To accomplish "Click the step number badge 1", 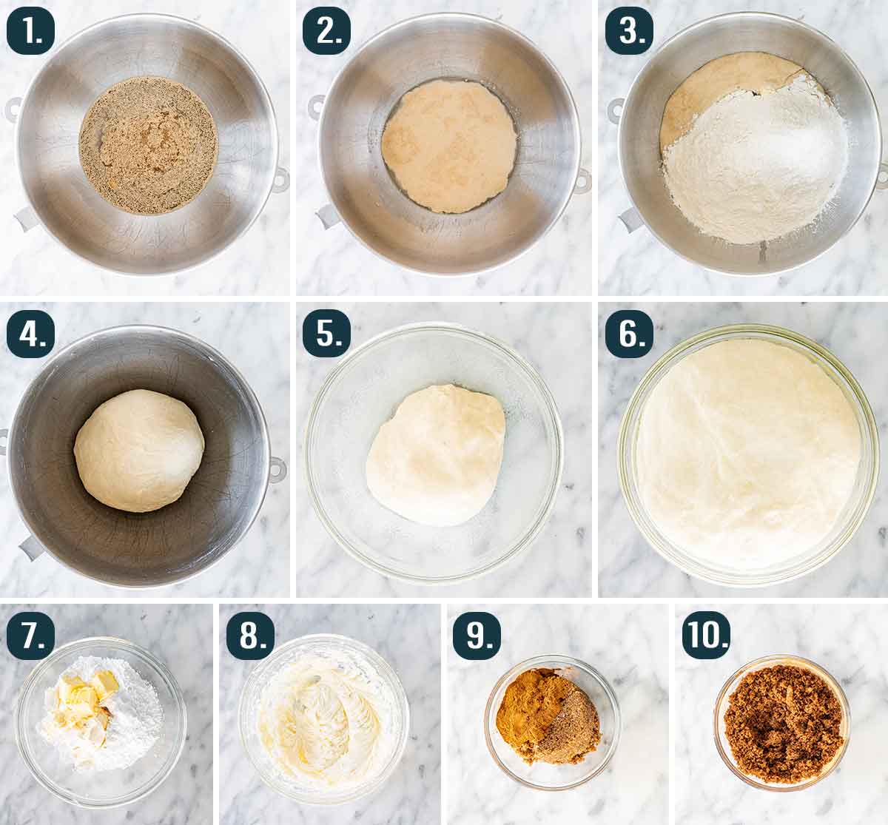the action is click(x=30, y=31).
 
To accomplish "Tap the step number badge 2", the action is click(x=327, y=31).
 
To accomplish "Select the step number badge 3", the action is click(x=629, y=31).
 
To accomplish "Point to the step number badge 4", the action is click(x=30, y=333).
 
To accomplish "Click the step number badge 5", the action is click(x=327, y=333).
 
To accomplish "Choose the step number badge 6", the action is click(x=629, y=333).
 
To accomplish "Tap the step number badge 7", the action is click(x=30, y=636).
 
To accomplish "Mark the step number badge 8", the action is click(x=250, y=636).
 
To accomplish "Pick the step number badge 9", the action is click(x=477, y=636).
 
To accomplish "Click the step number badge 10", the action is click(x=707, y=636).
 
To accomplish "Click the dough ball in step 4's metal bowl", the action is click(x=139, y=451).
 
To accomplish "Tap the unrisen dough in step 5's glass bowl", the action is click(x=436, y=455).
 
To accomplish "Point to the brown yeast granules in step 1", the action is click(x=148, y=146).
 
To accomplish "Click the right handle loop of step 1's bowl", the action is click(x=280, y=180).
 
